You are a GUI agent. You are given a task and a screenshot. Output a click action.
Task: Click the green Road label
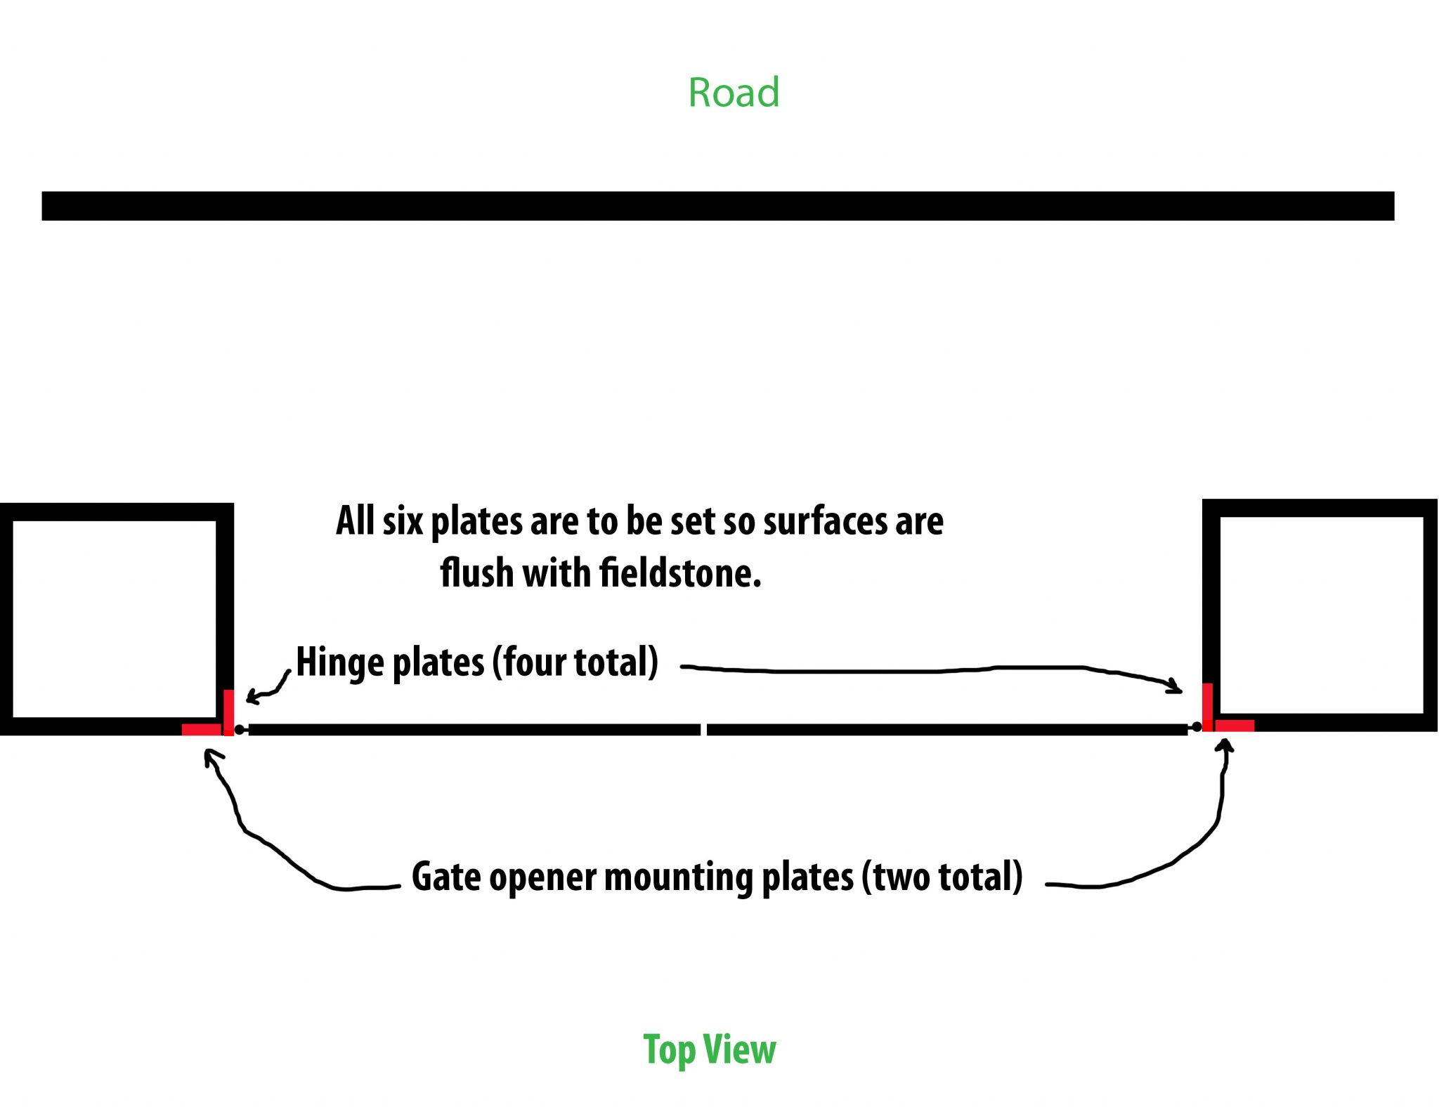(x=734, y=93)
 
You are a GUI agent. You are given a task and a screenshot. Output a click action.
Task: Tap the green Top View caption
(x=710, y=1049)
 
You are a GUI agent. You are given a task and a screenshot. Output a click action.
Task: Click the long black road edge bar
(x=717, y=206)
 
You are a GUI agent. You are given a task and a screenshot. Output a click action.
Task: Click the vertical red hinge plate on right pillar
(x=1207, y=706)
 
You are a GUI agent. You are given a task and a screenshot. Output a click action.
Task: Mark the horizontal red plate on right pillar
(x=1235, y=726)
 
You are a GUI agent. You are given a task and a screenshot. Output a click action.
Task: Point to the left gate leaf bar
(x=474, y=730)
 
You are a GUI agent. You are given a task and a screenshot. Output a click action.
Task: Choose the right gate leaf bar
(x=946, y=730)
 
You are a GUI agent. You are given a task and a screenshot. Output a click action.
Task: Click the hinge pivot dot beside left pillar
(x=240, y=730)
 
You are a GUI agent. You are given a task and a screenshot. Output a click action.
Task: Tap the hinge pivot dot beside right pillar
(x=1197, y=727)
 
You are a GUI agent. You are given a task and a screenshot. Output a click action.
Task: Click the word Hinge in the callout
(x=341, y=662)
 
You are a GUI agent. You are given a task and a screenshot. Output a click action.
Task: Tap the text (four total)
(x=575, y=662)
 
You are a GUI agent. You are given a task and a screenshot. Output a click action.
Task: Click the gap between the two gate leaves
(x=703, y=730)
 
